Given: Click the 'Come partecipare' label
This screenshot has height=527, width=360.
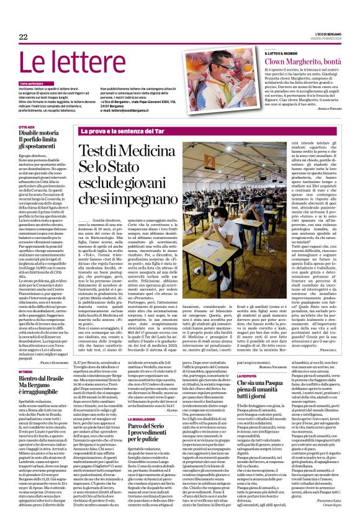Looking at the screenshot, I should (32, 83).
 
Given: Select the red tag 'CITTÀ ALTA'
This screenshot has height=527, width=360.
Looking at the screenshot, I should (27, 127).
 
